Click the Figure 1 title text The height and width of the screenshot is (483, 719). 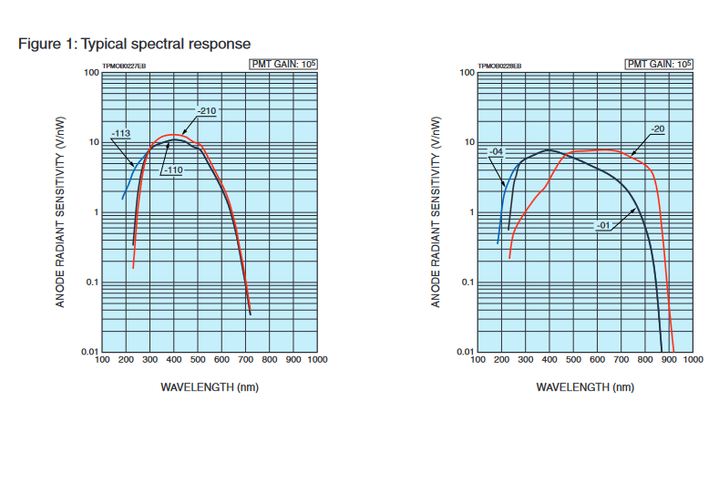point(134,44)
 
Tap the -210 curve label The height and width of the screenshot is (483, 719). point(206,111)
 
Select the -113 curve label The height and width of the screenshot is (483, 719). point(120,134)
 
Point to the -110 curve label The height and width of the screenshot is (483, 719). point(173,170)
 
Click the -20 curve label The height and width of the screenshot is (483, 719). point(657,128)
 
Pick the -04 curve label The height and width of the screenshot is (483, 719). point(497,151)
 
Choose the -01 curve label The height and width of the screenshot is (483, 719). point(603,225)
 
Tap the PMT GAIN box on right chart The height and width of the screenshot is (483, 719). point(658,64)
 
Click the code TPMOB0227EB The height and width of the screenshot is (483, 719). point(123,67)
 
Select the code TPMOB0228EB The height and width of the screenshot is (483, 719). point(499,67)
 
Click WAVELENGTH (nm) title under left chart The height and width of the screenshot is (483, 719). point(210,387)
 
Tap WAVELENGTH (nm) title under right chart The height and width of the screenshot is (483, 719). point(585,387)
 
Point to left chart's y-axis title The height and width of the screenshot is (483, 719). point(61,211)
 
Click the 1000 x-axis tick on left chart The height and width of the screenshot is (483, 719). point(317,361)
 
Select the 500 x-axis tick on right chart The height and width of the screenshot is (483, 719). point(573,361)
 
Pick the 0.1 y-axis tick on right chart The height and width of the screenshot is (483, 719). point(466,282)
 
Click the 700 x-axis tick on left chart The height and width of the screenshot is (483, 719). point(245,361)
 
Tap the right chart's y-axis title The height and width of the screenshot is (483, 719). point(437,211)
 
